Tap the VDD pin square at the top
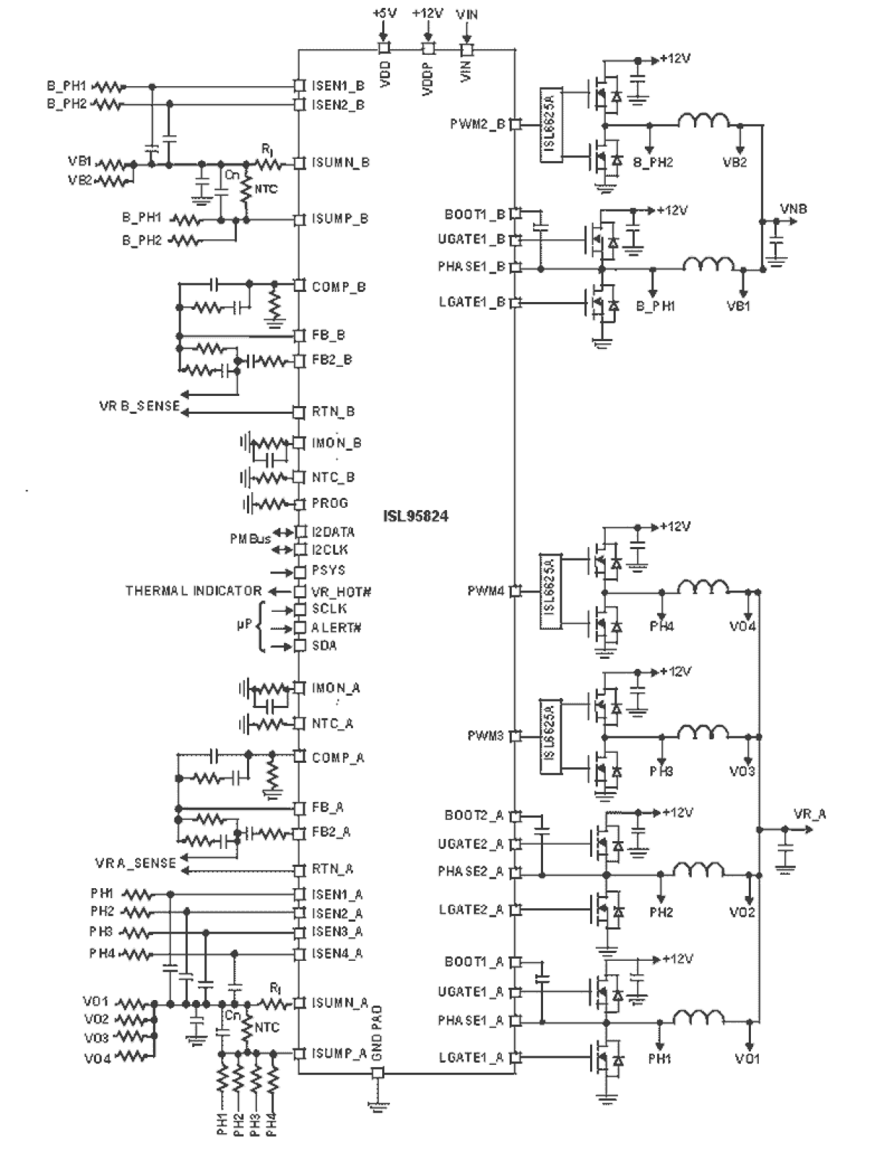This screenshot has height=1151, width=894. tap(384, 48)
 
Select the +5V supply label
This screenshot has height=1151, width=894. tap(384, 13)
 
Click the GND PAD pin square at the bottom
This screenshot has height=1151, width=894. tap(378, 1073)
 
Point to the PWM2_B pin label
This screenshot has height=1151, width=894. tap(477, 124)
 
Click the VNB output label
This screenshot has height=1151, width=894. tap(794, 209)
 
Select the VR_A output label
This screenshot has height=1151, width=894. tap(810, 814)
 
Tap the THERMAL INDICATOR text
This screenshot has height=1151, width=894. tap(194, 591)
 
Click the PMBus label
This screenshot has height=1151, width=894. tap(250, 539)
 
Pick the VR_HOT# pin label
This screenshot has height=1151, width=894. tap(342, 592)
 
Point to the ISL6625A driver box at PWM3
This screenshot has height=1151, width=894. tap(549, 734)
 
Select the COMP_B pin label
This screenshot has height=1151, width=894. tap(339, 287)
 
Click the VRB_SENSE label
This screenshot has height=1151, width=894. tap(140, 407)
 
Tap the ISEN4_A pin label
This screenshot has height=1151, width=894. tap(337, 953)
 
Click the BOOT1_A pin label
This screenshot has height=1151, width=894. tap(473, 962)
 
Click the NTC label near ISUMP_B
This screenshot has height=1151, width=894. tap(265, 189)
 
